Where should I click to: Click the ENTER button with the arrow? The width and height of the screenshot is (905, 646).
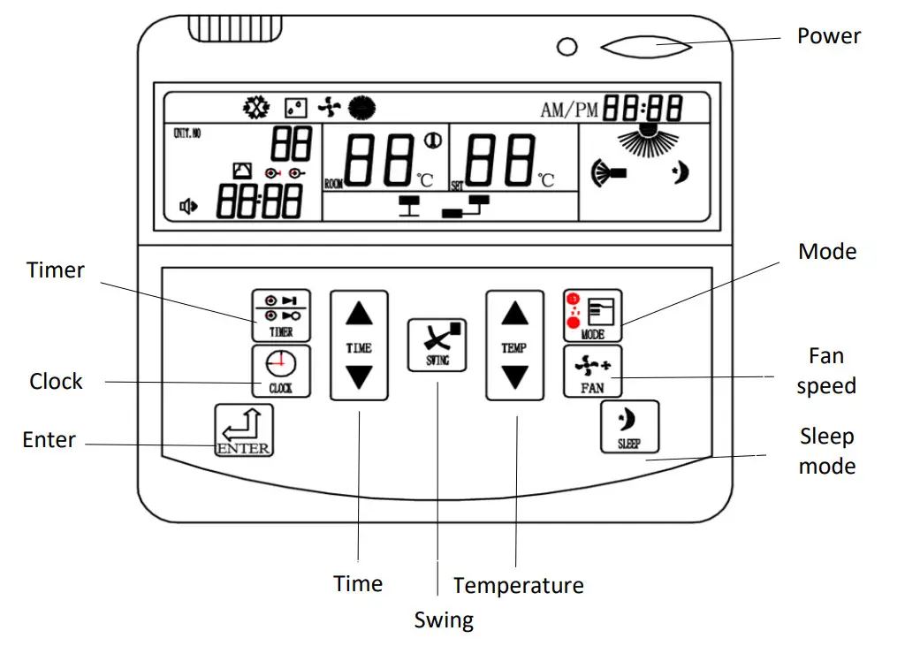pos(243,429)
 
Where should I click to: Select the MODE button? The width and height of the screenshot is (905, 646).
pos(592,315)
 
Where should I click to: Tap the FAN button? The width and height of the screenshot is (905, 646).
pos(592,372)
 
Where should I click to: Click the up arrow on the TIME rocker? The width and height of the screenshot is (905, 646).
pos(359,314)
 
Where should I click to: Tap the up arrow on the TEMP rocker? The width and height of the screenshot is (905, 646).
pos(514,314)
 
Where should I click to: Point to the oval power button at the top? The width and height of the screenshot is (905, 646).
pos(646,45)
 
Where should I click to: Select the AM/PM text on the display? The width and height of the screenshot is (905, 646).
pos(569,110)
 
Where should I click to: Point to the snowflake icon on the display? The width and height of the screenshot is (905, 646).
pos(255,108)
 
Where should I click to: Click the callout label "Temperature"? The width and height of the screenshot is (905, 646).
pos(519,585)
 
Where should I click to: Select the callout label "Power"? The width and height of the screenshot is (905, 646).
pos(828,36)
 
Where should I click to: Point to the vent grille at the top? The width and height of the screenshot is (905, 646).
pos(234,31)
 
